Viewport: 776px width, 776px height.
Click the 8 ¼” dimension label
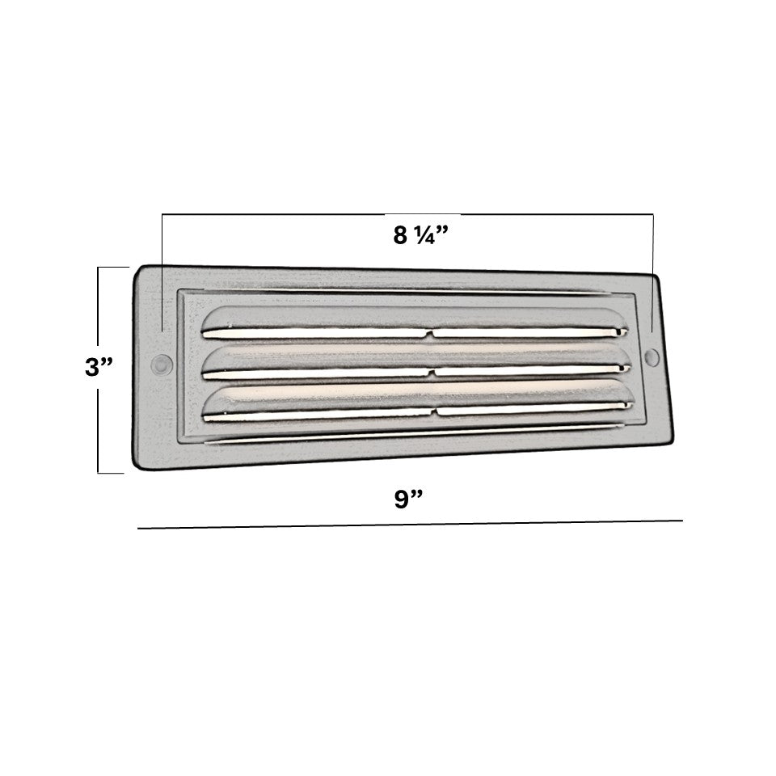pos(420,235)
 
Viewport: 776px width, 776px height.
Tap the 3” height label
pos(99,367)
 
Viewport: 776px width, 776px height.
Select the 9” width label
pos(408,499)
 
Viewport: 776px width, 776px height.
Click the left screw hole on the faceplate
pos(161,365)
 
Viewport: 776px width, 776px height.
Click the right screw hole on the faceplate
pos(652,357)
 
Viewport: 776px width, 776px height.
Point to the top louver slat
pos(415,323)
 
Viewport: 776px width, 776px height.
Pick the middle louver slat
pos(416,362)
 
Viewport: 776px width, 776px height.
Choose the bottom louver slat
pos(418,401)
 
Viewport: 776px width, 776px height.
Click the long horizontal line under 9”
pos(411,524)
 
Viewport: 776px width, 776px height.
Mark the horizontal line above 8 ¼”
pos(407,214)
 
